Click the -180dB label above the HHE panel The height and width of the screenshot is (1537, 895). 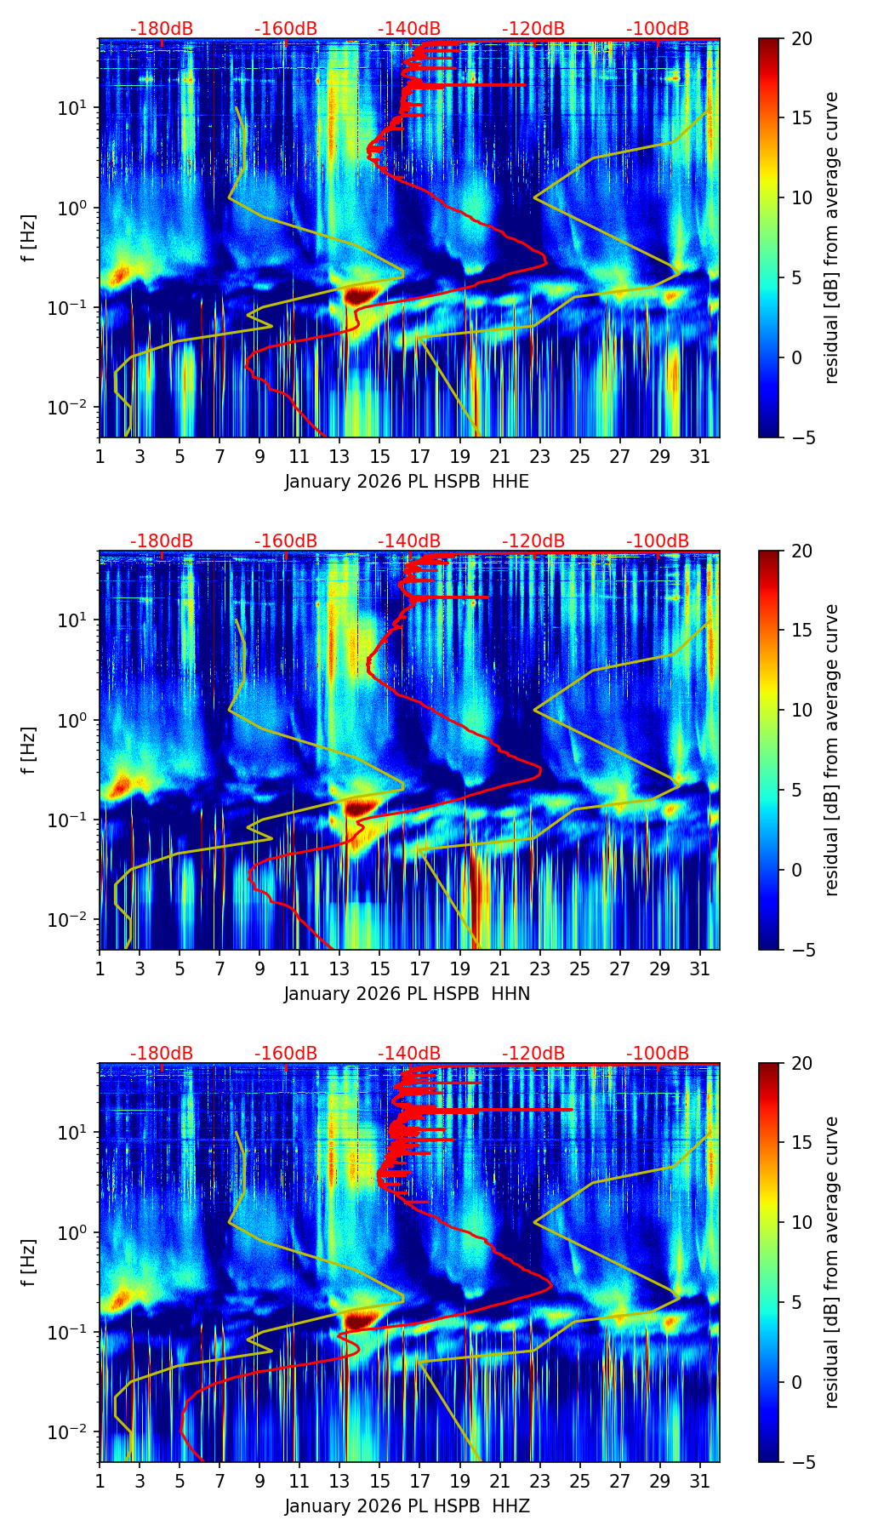pos(162,29)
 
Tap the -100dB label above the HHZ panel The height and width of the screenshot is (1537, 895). pos(658,1054)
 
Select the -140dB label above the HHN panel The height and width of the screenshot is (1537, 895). pos(409,541)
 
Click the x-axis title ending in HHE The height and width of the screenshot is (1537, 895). pos(407,482)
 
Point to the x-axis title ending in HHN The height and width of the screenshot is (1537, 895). pos(407,994)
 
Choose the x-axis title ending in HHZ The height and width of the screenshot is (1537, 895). pos(407,1506)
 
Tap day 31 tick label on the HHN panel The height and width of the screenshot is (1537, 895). pos(699,969)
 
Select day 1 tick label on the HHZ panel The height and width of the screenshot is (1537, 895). pos(100,1482)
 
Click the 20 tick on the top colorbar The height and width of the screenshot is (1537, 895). pos(801,38)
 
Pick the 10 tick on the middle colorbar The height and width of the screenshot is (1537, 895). pos(801,710)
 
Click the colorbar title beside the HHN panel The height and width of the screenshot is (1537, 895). pos(832,750)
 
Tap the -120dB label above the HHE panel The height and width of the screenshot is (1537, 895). pos(533,29)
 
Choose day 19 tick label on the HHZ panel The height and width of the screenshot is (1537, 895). pos(459,1482)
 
